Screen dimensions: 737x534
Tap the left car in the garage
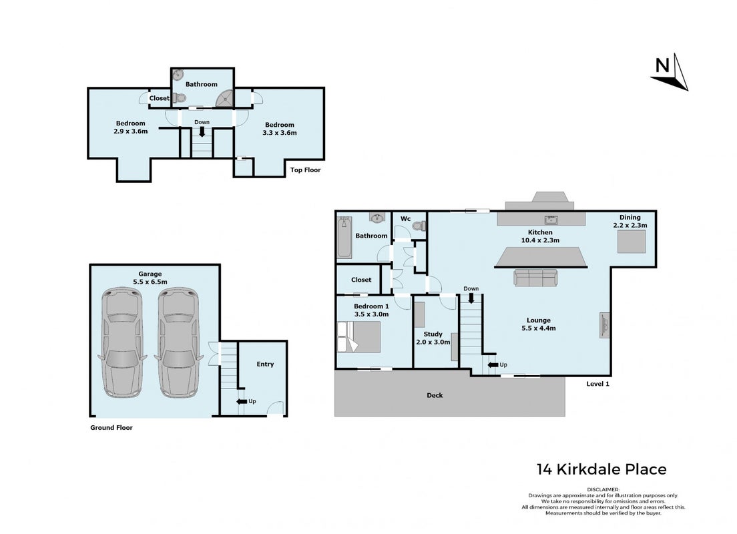121,342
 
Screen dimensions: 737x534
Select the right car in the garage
178,342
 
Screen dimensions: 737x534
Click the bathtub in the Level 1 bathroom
344,236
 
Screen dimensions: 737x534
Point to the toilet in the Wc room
419,226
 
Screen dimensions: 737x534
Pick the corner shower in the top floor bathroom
224,98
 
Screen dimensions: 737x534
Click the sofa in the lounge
535,277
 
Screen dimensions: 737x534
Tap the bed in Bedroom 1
359,336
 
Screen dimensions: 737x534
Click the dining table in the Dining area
632,242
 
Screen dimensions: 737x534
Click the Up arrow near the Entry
242,401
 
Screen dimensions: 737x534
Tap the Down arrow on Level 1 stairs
471,298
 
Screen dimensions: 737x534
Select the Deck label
435,395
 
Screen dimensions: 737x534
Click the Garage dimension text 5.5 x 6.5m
150,282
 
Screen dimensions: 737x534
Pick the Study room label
433,334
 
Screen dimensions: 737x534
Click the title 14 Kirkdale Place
601,469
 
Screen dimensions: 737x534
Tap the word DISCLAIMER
603,489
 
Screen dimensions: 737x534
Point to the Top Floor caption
306,170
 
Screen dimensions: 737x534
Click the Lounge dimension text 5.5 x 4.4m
539,328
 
